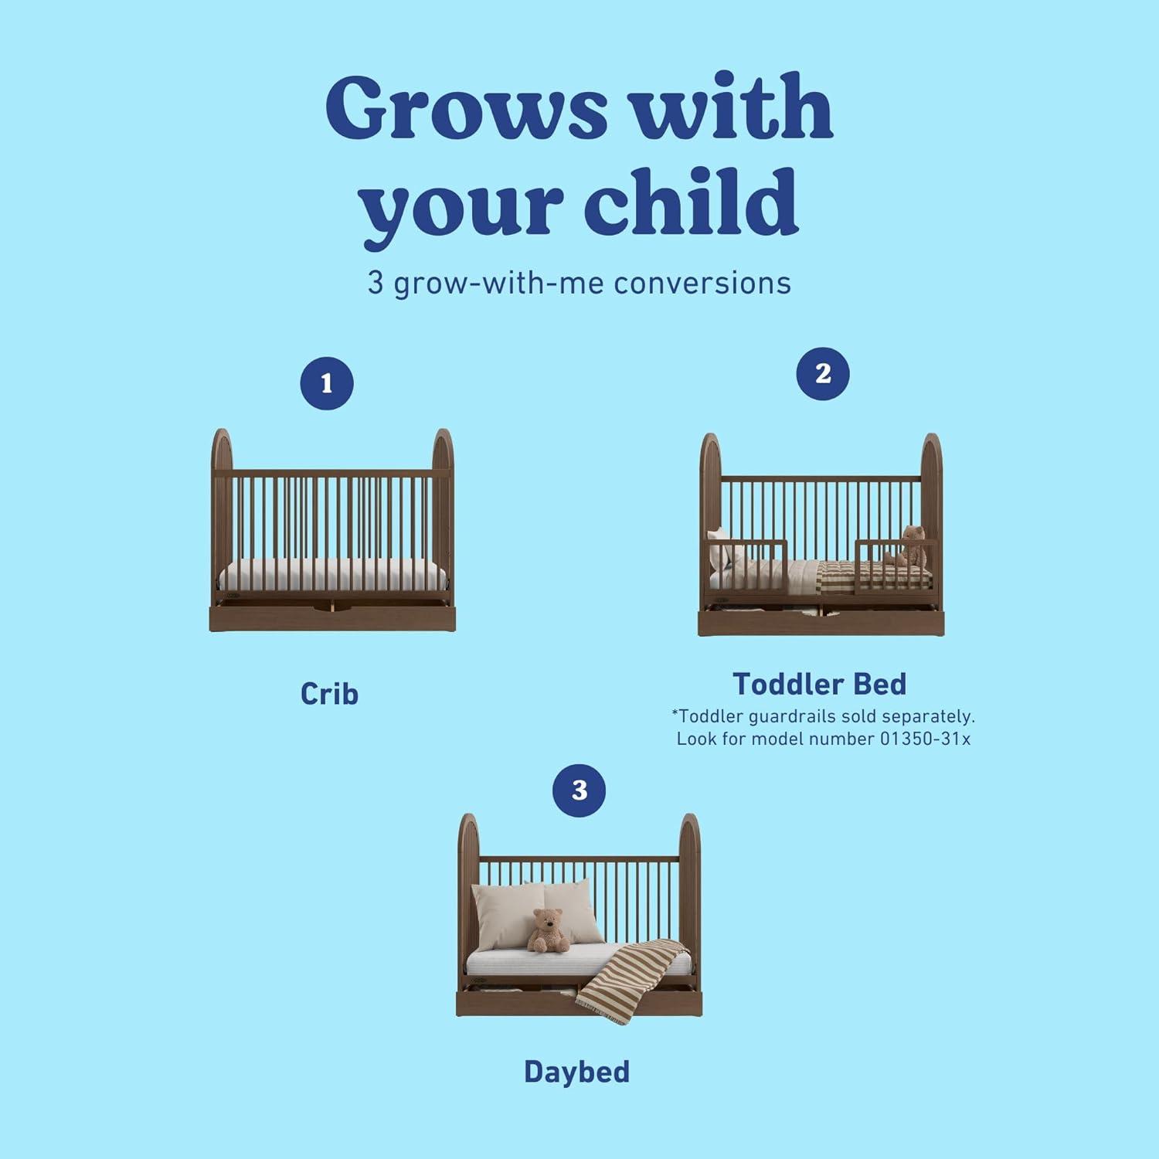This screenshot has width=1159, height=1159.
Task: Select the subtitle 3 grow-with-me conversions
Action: [x=579, y=283]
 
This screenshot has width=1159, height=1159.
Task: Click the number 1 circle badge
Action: [x=327, y=383]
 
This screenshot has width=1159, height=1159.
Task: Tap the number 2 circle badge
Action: [x=823, y=374]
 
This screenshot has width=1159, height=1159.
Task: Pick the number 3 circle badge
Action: [x=579, y=790]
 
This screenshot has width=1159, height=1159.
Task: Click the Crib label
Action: [x=329, y=694]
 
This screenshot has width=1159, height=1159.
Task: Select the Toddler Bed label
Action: [x=820, y=685]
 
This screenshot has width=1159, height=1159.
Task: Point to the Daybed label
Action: [x=576, y=1072]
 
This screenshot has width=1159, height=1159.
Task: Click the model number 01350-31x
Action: [x=925, y=739]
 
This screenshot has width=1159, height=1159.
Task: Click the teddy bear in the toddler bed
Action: [x=909, y=546]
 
